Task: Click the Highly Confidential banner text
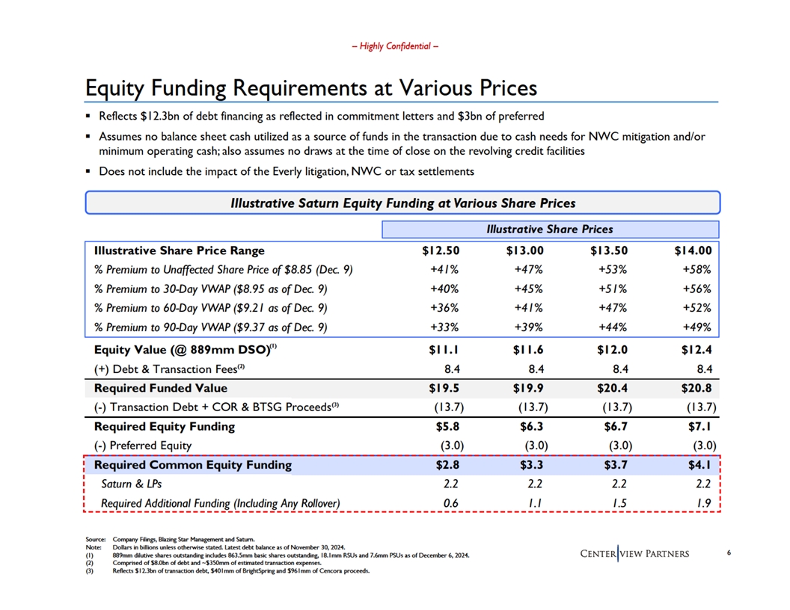pos(395,46)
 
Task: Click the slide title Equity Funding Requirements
pos(311,87)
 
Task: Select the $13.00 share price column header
pos(525,250)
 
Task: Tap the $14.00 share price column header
pos(693,250)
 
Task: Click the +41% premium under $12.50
pos(444,270)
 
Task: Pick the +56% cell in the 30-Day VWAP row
pos(696,289)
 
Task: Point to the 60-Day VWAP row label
pos(211,308)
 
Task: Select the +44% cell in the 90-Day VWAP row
pos(613,327)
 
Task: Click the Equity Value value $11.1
pos(444,350)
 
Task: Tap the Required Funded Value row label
pos(161,388)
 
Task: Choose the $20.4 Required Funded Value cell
pos(612,388)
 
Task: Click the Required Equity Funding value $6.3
pos(532,427)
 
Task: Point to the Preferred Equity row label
pos(143,446)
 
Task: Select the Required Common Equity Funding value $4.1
pos(699,465)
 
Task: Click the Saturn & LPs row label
pos(132,484)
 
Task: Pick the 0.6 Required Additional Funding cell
pos(451,503)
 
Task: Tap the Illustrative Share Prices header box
pos(550,229)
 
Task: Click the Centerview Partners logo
pos(635,554)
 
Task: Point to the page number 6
pos(729,552)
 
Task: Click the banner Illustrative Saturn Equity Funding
pos(402,203)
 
